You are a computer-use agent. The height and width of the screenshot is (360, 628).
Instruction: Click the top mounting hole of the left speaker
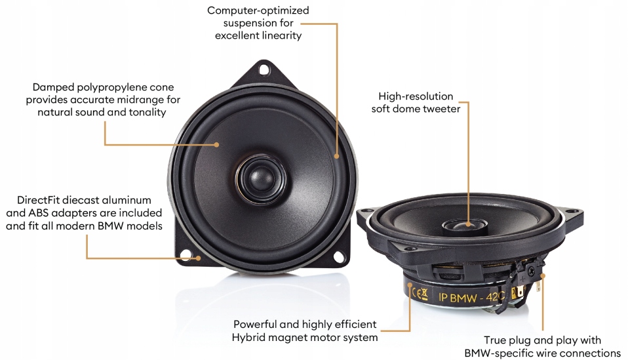pyautogui.click(x=264, y=68)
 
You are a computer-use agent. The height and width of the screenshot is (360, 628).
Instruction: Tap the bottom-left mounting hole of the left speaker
pyautogui.click(x=186, y=254)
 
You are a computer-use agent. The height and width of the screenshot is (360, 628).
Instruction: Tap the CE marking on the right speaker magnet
pyautogui.click(x=421, y=292)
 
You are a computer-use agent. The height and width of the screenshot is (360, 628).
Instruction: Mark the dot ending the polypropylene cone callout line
pyautogui.click(x=218, y=144)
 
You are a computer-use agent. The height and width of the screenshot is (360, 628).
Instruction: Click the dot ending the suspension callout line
pyautogui.click(x=337, y=156)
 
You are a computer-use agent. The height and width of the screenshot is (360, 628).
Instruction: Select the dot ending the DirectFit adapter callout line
pyautogui.click(x=199, y=257)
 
